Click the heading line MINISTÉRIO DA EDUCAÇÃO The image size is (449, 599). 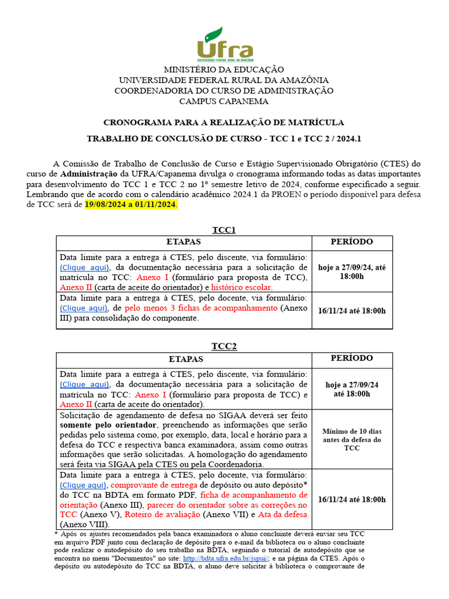224,70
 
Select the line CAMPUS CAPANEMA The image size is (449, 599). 224,101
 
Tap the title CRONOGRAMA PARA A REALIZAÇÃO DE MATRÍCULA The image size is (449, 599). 224,122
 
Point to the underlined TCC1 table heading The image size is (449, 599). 224,230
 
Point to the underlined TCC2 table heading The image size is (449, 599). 224,346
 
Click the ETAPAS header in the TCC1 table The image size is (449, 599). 184,242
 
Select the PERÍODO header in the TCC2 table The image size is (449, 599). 351,358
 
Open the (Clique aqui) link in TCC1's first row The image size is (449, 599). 84,267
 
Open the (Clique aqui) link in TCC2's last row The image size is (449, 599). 84,485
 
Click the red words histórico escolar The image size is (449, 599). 241,287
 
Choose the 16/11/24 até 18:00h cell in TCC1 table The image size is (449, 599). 351,311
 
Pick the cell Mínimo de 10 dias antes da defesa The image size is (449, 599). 351,439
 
